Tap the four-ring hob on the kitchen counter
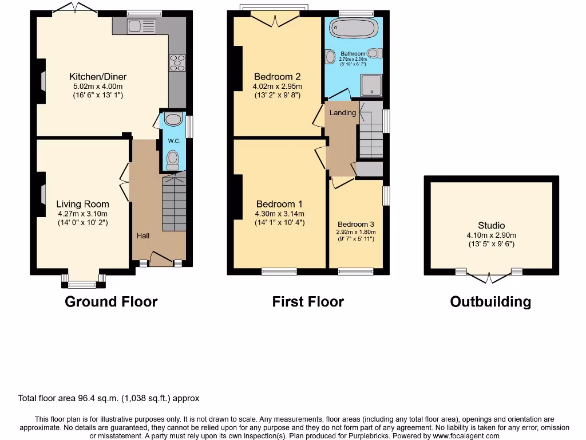tap(177, 62)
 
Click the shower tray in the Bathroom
tap(372, 85)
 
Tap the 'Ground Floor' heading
tap(111, 301)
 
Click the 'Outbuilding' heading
tap(490, 301)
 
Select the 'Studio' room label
tap(491, 226)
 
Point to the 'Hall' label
tap(142, 235)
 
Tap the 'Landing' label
tap(342, 113)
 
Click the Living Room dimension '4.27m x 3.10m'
tap(82, 214)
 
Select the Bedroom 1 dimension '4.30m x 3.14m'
tap(279, 214)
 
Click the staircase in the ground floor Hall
tap(174, 203)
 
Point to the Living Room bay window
tap(84, 281)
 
